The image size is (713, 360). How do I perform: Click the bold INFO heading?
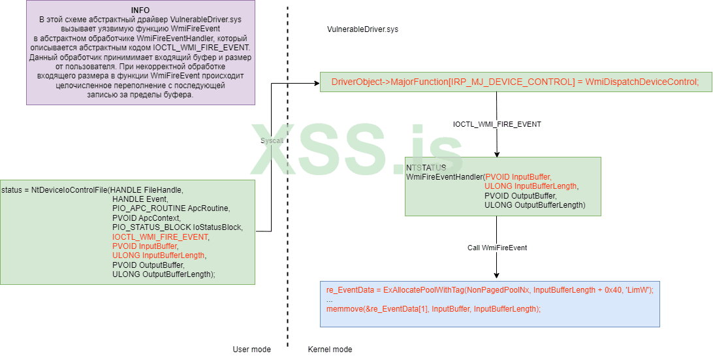(140, 10)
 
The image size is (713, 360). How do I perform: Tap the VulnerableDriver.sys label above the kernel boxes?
(362, 30)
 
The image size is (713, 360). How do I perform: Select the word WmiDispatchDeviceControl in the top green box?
(642, 82)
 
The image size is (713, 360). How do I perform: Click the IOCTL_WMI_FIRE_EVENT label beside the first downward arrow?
(497, 124)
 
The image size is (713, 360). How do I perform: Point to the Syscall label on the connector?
(271, 140)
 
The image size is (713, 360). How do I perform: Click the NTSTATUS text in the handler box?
(426, 168)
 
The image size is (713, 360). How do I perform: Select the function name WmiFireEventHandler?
(444, 177)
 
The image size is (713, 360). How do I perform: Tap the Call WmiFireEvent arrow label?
(497, 248)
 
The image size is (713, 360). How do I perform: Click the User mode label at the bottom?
(251, 350)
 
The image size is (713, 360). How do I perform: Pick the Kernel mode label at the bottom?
(330, 350)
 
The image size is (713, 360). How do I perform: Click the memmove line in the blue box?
(434, 309)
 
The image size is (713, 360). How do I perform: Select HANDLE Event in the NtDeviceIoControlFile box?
(140, 199)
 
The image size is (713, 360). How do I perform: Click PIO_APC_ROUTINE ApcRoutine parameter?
(171, 208)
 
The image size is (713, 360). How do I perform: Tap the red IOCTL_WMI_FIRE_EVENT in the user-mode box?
(161, 237)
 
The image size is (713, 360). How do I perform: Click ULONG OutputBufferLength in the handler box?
(534, 205)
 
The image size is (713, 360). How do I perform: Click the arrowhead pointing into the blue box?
(497, 276)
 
